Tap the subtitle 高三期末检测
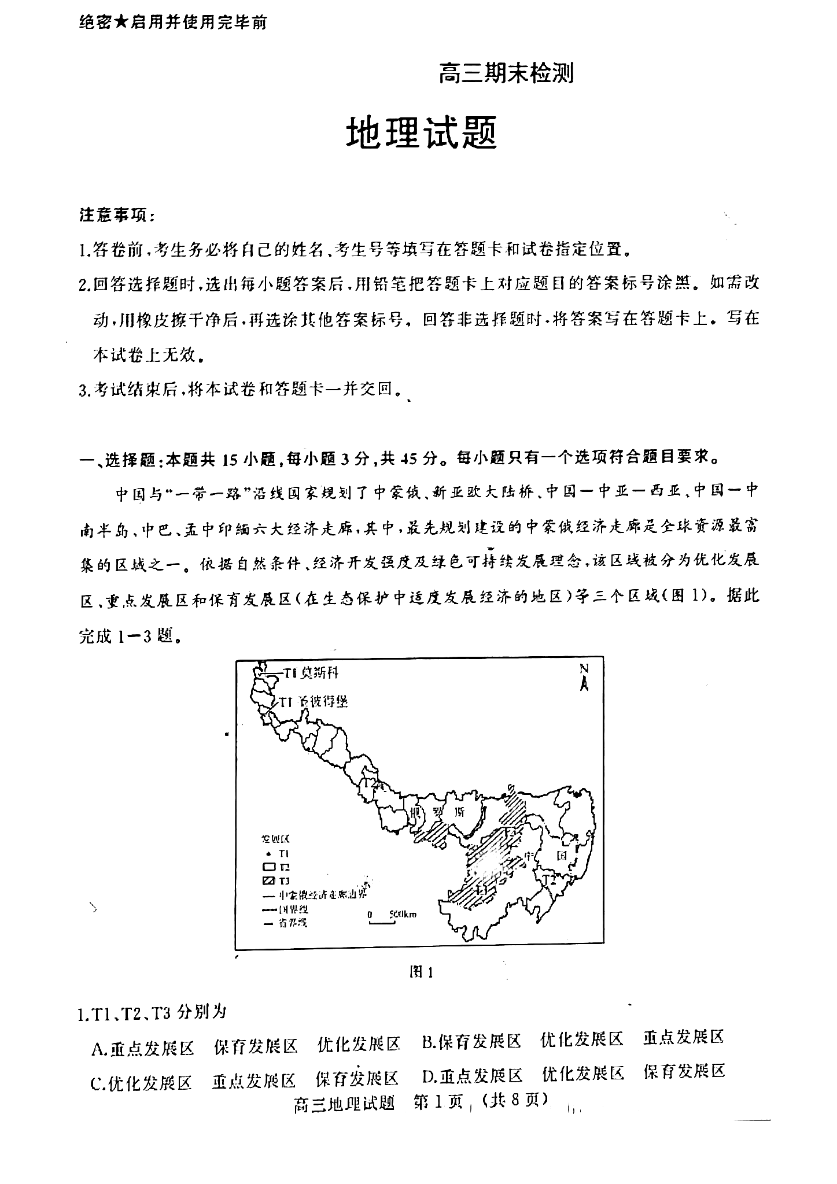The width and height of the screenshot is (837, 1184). [x=506, y=73]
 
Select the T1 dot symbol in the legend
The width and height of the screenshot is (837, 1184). [x=268, y=853]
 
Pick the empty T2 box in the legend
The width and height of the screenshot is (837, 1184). [x=268, y=867]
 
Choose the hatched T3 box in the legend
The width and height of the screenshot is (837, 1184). [x=268, y=880]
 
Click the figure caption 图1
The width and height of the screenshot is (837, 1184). [x=421, y=972]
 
